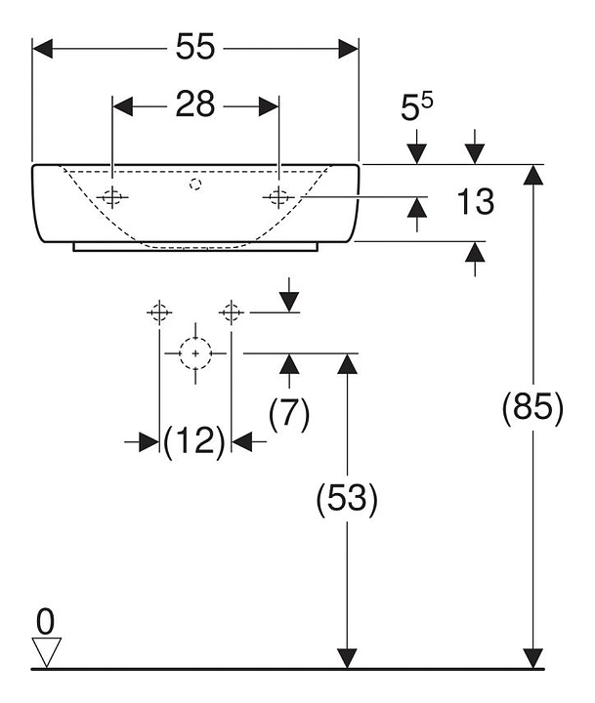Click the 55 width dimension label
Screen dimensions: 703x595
coord(195,46)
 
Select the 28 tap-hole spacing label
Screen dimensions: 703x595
coord(195,103)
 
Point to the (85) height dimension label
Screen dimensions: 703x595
coord(532,408)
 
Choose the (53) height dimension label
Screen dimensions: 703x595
coord(346,499)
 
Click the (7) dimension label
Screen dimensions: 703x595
coord(288,414)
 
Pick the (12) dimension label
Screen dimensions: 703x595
coord(194,442)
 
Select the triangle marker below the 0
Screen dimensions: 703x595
coord(46,648)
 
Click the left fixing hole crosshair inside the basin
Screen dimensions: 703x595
coord(113,196)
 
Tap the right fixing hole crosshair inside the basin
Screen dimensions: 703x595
coord(279,196)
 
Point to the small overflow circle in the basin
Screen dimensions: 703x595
coord(195,183)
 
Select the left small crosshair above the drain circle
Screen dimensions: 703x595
coord(158,312)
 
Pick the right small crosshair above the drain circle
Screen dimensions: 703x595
coord(232,312)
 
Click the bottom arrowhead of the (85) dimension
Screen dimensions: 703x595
coord(532,658)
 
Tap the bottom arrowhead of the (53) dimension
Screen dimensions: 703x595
coord(346,658)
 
